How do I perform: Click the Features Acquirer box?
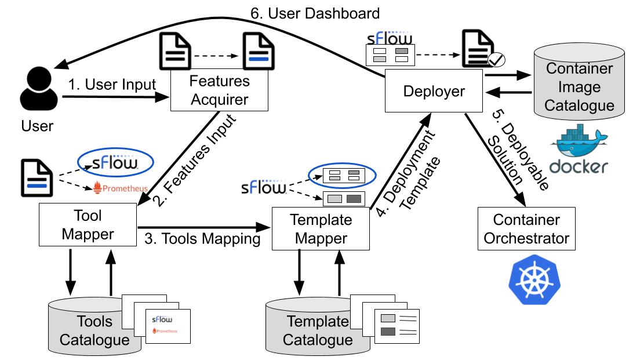pyautogui.click(x=219, y=90)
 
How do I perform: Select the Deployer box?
pyautogui.click(x=434, y=92)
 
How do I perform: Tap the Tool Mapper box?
pyautogui.click(x=88, y=225)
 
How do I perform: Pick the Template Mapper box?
pyautogui.click(x=321, y=229)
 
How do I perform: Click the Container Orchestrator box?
pyautogui.click(x=526, y=229)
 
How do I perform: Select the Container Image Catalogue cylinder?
pyautogui.click(x=580, y=87)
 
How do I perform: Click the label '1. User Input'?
pyautogui.click(x=112, y=85)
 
